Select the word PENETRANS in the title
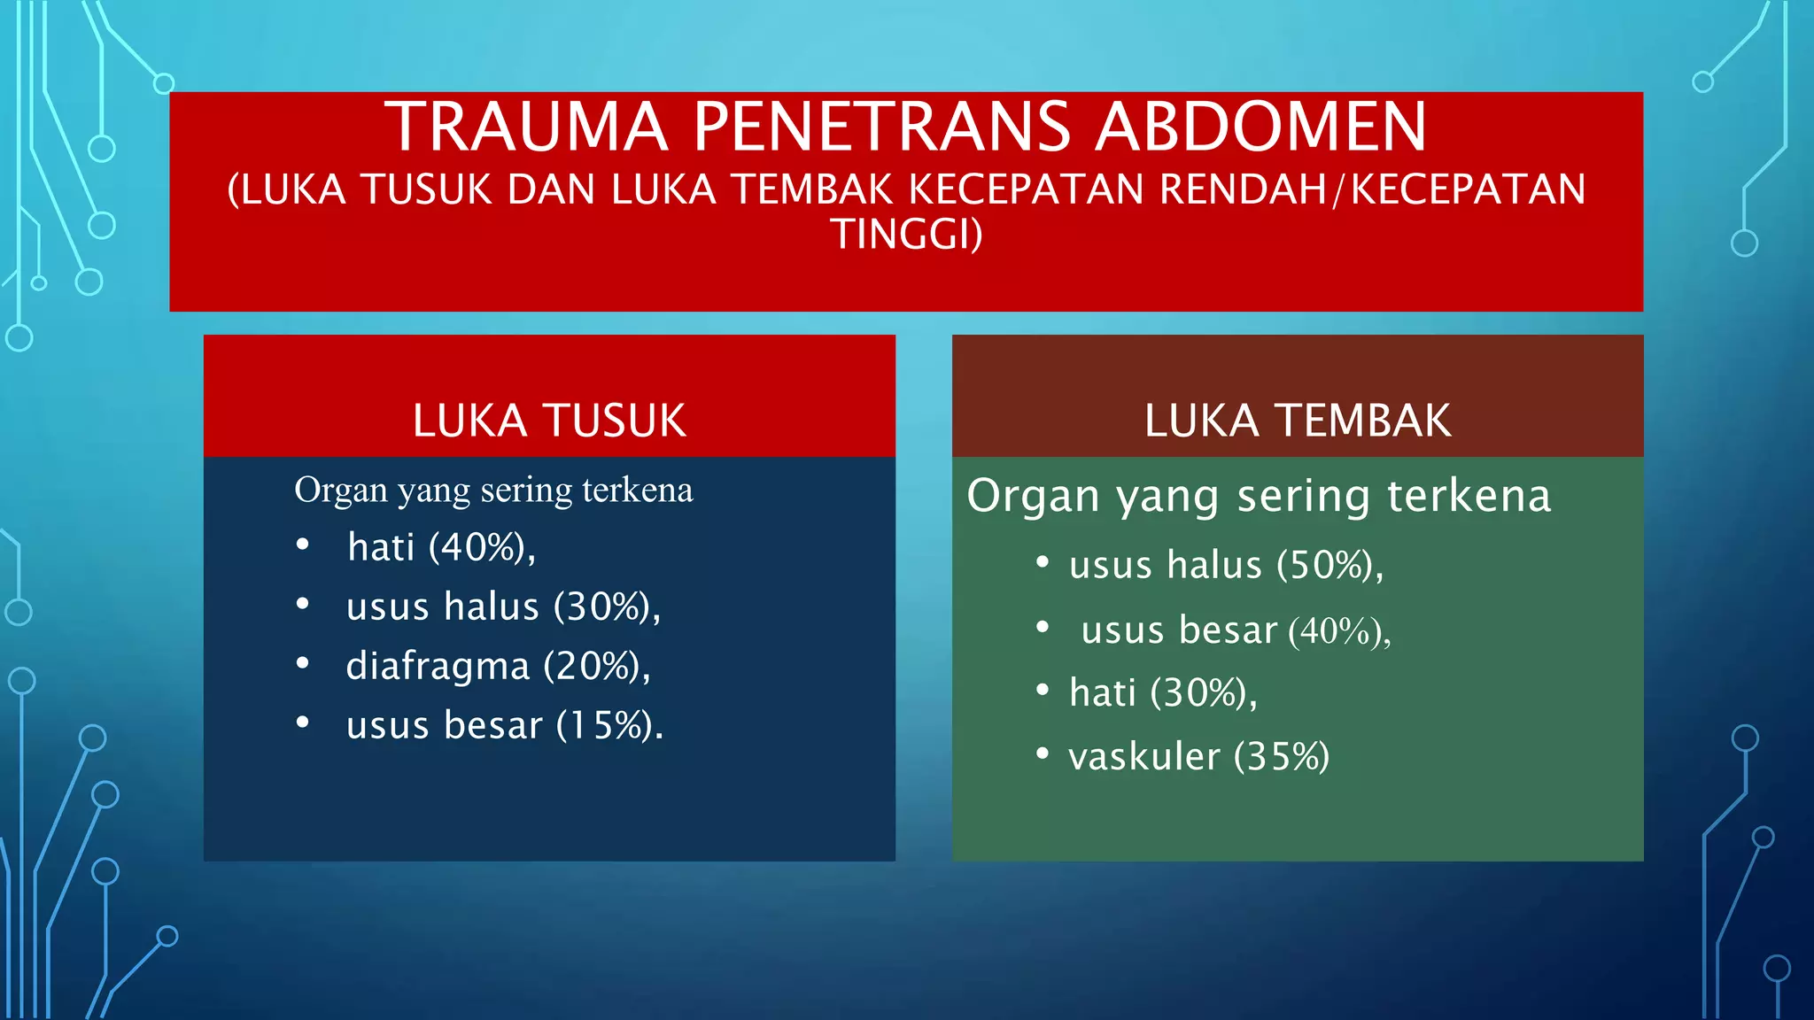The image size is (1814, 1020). [x=882, y=127]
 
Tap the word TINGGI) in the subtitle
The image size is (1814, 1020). [x=906, y=234]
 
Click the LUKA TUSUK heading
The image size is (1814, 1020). [x=549, y=421]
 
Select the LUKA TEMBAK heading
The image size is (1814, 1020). [x=1298, y=421]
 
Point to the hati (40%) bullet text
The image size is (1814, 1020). [x=441, y=547]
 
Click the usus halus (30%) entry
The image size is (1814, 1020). [x=503, y=607]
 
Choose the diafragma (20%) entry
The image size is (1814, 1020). [x=498, y=666]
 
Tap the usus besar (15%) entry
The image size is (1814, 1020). [x=505, y=725]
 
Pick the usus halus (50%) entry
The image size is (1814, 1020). [x=1226, y=565]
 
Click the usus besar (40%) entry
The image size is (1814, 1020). [x=1236, y=630]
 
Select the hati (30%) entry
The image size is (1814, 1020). [x=1163, y=692]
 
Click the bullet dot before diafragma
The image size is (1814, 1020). [x=303, y=663]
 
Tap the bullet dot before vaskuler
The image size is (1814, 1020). [x=1043, y=753]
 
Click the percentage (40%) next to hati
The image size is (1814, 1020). [x=479, y=547]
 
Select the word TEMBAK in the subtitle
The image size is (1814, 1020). [x=811, y=189]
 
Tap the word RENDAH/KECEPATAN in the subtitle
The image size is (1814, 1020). [x=1372, y=189]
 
